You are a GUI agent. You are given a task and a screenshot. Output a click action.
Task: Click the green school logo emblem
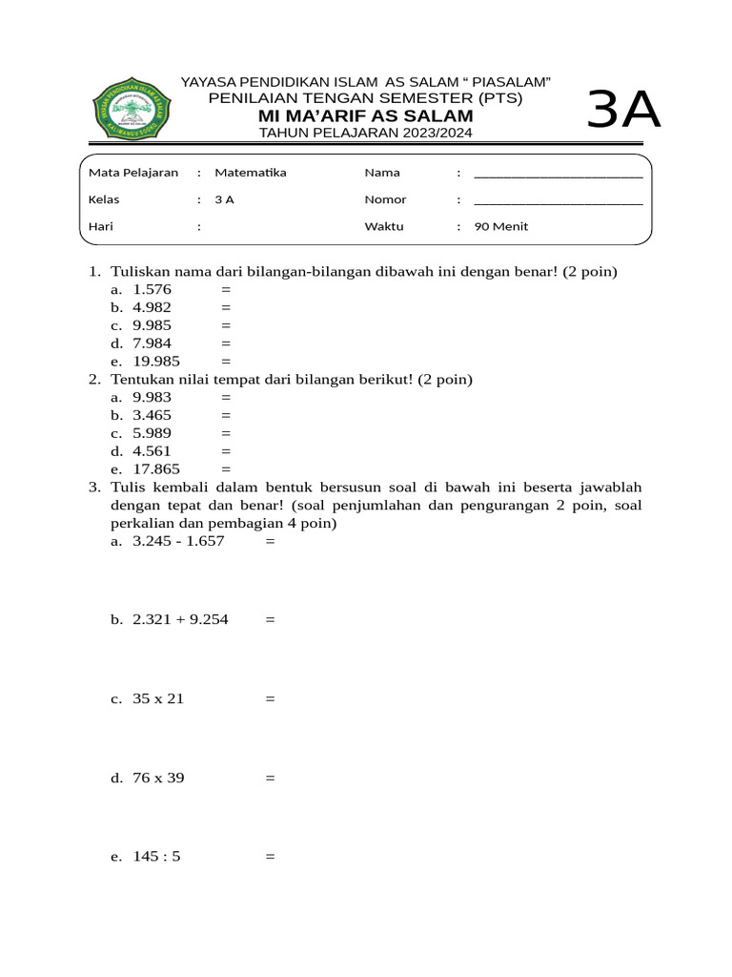[134, 107]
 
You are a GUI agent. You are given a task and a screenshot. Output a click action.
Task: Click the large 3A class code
[623, 111]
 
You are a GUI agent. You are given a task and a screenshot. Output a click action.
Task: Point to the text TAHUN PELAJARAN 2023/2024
[366, 133]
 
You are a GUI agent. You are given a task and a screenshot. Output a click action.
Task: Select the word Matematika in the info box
[250, 173]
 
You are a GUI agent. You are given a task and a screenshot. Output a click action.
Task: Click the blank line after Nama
[558, 174]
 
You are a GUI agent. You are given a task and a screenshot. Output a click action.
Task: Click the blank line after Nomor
[558, 200]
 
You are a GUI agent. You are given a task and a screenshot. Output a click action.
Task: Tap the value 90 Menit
[500, 227]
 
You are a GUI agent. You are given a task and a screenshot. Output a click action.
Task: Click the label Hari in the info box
[101, 227]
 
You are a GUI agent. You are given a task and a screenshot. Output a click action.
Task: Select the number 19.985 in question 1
[156, 362]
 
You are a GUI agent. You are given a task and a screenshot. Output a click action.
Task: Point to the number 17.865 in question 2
[156, 469]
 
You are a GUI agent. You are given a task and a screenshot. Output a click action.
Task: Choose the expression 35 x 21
[158, 699]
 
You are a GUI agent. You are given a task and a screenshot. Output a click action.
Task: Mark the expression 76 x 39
[158, 779]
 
